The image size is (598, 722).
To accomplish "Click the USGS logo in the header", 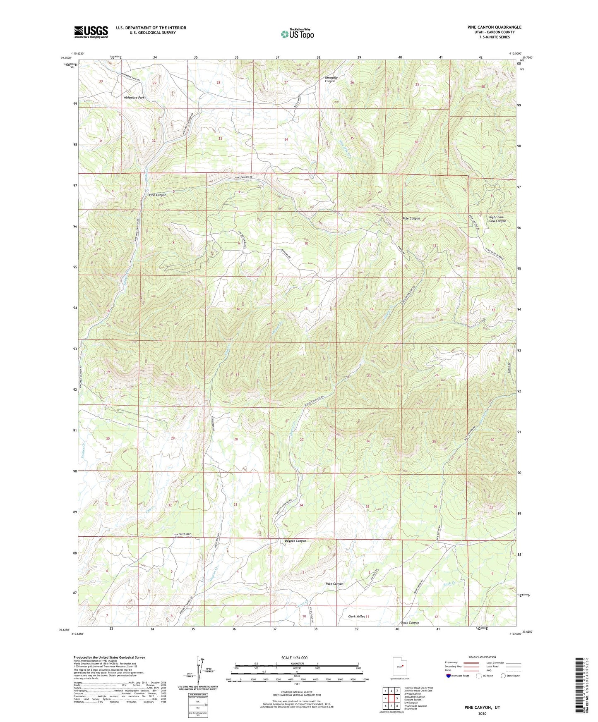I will (91, 31).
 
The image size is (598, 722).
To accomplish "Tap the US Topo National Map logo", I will (297, 33).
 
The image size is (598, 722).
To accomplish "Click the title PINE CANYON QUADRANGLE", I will (494, 27).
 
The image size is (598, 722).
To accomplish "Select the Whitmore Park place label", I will (134, 98).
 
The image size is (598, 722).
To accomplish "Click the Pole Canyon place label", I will (411, 218).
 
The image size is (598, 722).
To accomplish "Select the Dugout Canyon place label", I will (295, 541).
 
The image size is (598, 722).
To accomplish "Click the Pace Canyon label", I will (334, 584).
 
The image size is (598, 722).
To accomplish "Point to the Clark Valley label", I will (356, 616).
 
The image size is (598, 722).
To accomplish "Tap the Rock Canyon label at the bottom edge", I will (410, 622).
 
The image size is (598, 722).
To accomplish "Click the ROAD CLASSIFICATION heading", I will (482, 657).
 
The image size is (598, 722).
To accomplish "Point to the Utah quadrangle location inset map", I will (399, 667).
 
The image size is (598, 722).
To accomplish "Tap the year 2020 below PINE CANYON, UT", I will (482, 713).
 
